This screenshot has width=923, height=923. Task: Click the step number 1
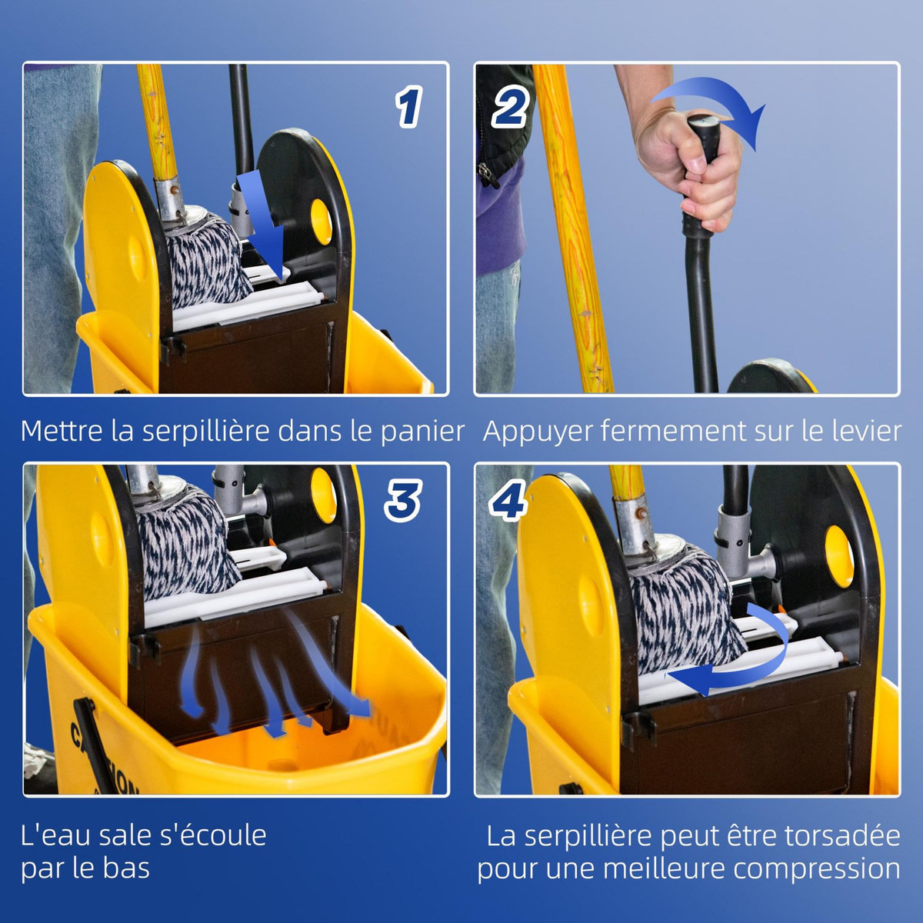coord(409,107)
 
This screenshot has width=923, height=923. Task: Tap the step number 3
coord(402,501)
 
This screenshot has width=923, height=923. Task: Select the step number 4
coord(508,501)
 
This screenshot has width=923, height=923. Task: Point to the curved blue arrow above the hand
coord(711,108)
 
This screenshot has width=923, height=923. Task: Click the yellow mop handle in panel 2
coord(573,231)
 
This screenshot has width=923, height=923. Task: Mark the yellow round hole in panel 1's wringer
coord(321,218)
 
